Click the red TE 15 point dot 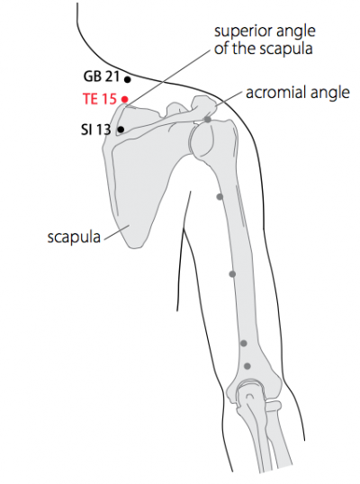(124, 99)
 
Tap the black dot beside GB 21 (127, 80)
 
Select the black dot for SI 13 (121, 130)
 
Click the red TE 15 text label (100, 99)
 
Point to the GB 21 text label (102, 76)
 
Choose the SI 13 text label (96, 130)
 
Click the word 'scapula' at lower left (74, 238)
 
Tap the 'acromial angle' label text (298, 93)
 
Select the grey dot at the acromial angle (208, 119)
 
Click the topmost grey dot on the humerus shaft (220, 197)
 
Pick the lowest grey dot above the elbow (247, 366)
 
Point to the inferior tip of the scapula (135, 246)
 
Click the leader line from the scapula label (117, 232)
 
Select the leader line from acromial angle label (228, 99)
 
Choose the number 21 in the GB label (112, 76)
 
